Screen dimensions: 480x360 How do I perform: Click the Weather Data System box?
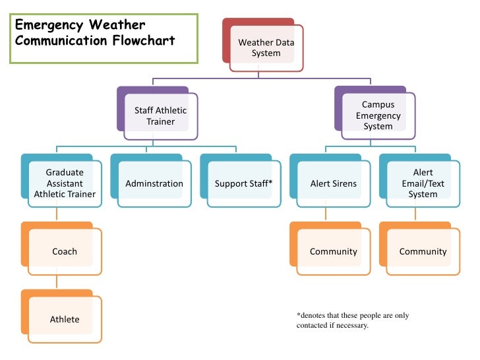click(263, 45)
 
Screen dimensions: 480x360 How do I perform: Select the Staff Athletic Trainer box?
click(158, 113)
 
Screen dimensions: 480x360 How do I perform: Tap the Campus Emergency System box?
click(375, 113)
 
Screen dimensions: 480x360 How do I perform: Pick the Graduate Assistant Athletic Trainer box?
click(61, 181)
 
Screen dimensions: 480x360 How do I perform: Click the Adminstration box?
click(151, 181)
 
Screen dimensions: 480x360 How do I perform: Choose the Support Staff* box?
click(241, 181)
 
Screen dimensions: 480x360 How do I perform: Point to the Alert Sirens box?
click(330, 181)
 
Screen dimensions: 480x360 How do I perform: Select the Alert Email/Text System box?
click(420, 181)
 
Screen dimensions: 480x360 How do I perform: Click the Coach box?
click(61, 249)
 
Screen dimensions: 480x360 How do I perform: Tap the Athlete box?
click(61, 316)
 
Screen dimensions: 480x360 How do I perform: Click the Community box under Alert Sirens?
click(330, 249)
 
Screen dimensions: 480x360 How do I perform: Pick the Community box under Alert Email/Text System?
click(420, 249)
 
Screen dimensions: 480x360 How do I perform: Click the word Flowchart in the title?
click(144, 40)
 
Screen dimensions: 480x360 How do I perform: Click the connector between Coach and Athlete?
click(57, 282)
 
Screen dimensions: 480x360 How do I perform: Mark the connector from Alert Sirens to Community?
click(326, 214)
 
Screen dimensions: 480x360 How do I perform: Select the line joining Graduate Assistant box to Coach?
click(57, 214)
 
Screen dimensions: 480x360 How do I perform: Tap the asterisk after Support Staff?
click(270, 182)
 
